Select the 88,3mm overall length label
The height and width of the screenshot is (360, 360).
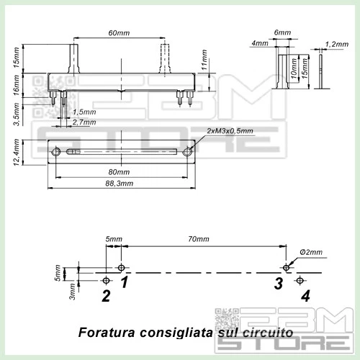[120, 184]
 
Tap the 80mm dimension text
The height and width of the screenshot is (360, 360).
[120, 172]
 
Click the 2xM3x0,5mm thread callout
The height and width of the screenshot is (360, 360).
[230, 130]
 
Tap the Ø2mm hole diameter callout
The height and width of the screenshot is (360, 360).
[312, 251]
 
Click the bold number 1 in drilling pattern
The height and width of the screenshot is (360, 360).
[125, 282]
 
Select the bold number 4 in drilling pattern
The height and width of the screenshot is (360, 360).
[305, 295]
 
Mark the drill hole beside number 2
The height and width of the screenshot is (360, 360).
[107, 279]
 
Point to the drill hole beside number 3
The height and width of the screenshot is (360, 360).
[287, 268]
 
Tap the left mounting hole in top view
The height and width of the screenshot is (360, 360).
[55, 151]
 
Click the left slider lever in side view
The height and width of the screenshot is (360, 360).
[74, 58]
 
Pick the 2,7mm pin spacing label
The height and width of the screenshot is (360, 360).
[84, 122]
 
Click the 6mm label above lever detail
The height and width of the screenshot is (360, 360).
[283, 33]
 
